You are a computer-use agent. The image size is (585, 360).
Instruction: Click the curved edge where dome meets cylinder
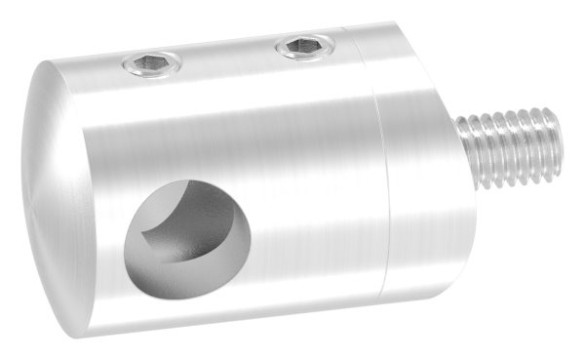click(93, 195)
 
